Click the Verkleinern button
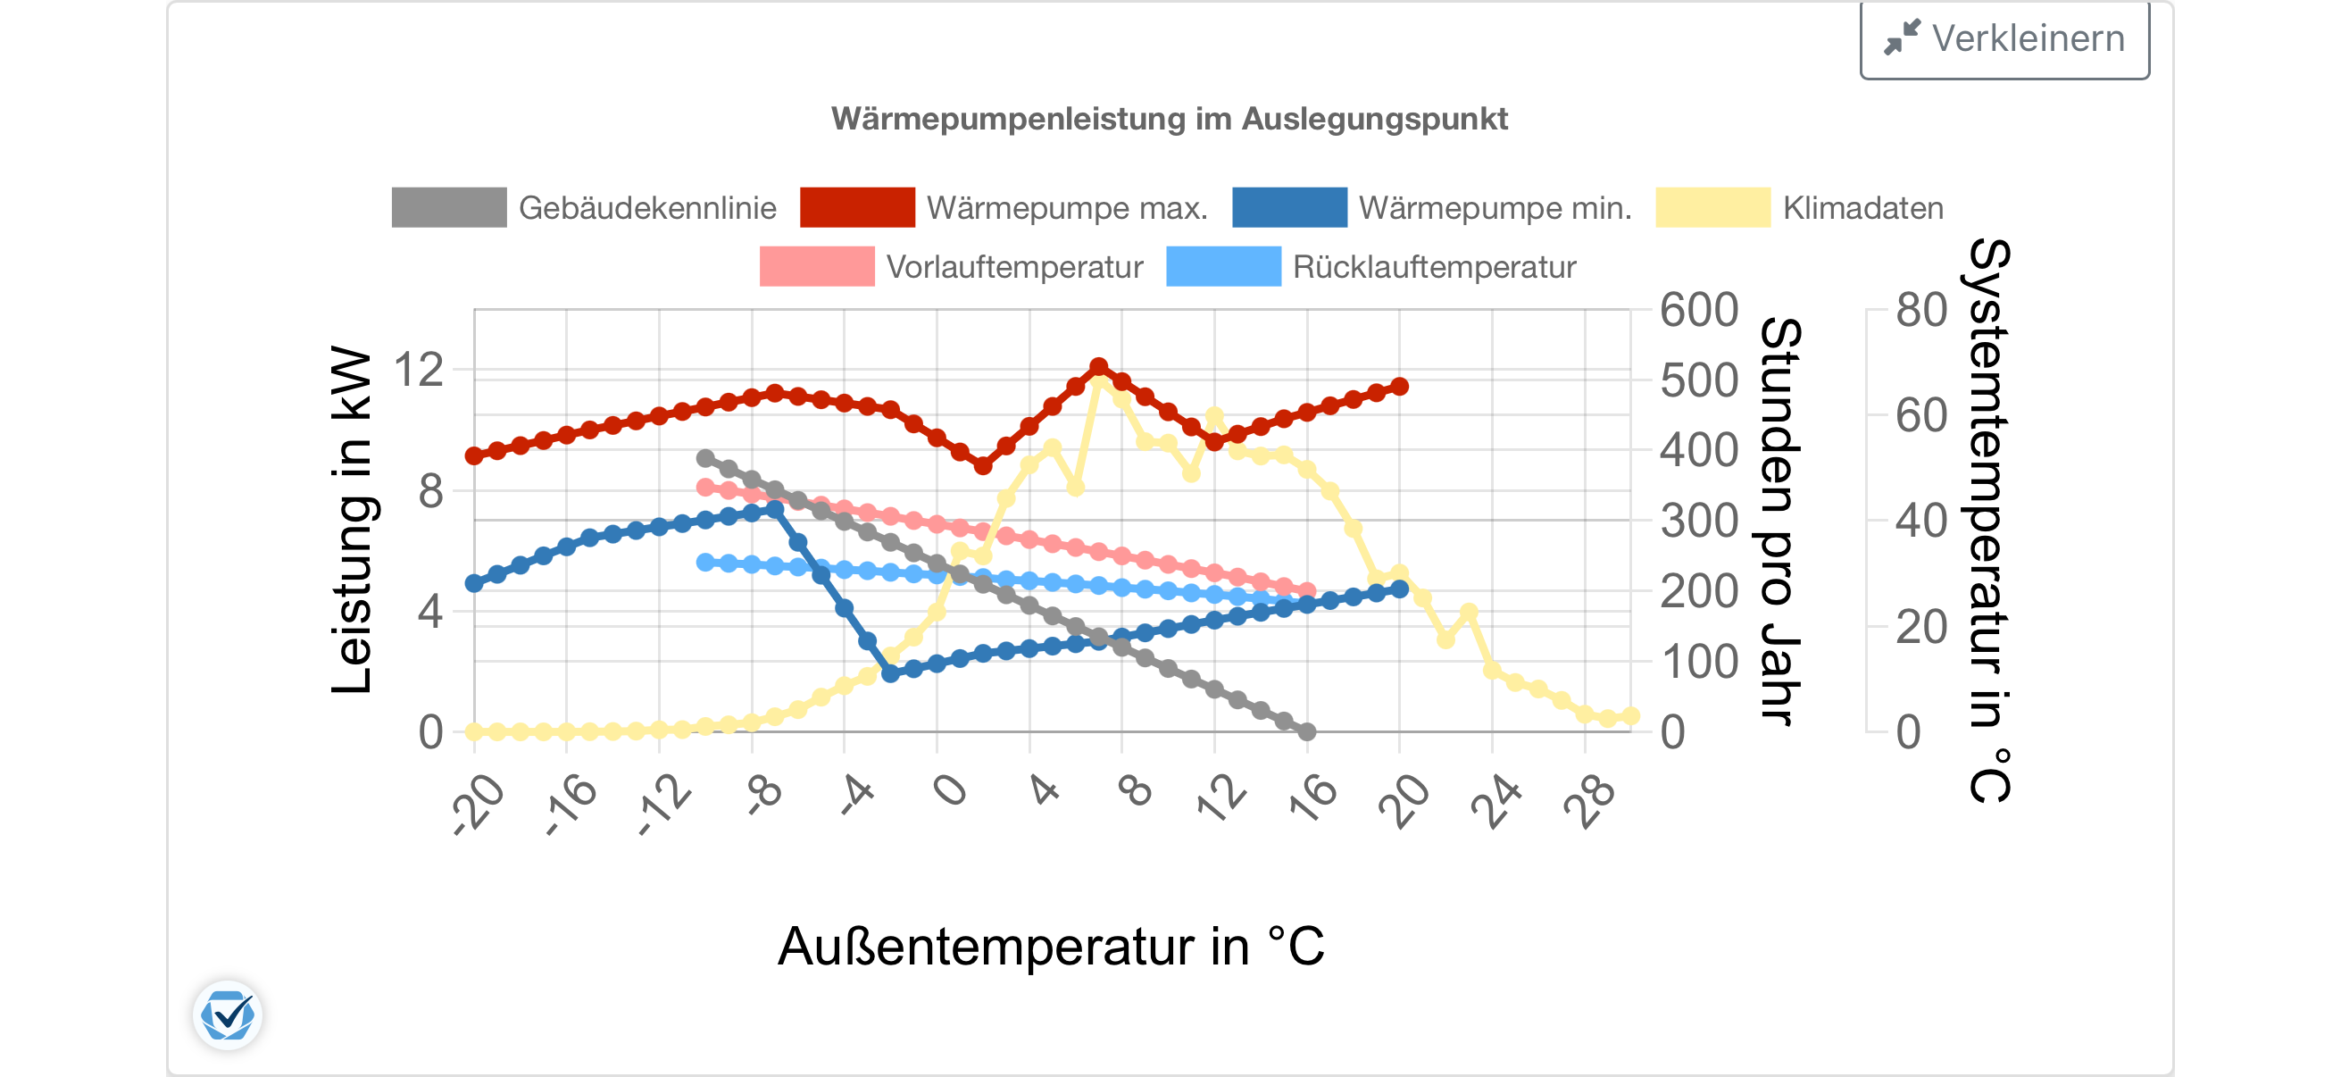[x=2004, y=39]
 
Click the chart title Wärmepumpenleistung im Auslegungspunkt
[x=1170, y=119]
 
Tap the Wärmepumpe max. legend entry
[x=1004, y=208]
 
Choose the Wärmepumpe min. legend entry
[x=1432, y=208]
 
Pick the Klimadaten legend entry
[x=1799, y=208]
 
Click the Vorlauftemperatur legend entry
[x=952, y=267]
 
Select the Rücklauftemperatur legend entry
[x=1371, y=267]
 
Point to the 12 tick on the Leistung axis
[x=418, y=371]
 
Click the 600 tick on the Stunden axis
[x=1698, y=311]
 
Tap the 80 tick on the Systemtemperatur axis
[x=1921, y=311]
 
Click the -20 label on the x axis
[x=479, y=802]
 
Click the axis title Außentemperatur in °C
[x=1052, y=946]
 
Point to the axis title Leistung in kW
[x=352, y=520]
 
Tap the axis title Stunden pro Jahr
[x=1780, y=520]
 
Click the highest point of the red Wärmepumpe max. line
[x=1099, y=367]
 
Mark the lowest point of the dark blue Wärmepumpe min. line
[x=891, y=673]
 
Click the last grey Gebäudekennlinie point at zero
[x=1307, y=731]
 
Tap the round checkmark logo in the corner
[x=227, y=1015]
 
